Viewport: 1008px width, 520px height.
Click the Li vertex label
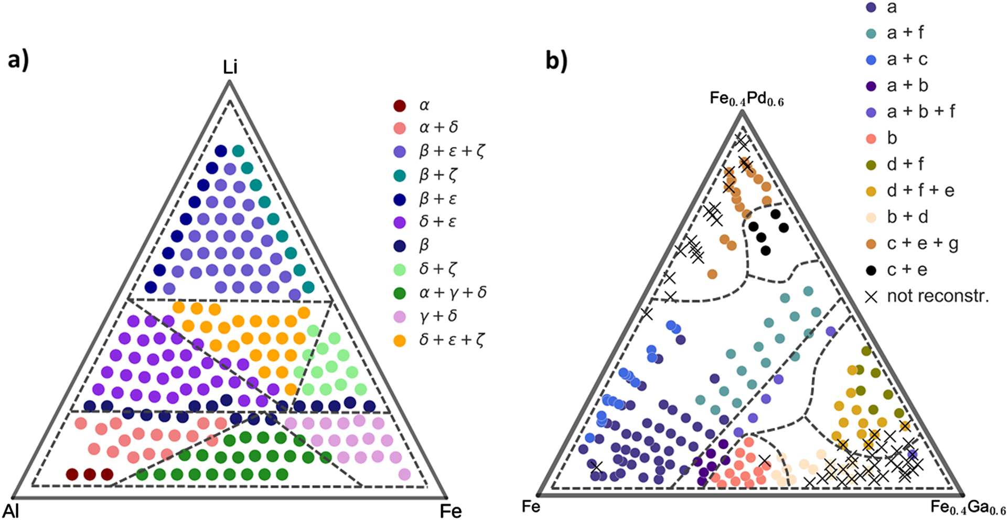tap(230, 68)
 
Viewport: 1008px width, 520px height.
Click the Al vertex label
tap(11, 510)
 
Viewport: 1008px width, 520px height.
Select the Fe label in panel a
tap(451, 511)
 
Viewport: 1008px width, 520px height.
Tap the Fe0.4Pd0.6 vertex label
tap(747, 99)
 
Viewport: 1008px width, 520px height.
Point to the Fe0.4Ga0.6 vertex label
tap(968, 507)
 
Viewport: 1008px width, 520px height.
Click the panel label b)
tap(556, 61)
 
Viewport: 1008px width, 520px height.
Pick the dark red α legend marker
tap(400, 105)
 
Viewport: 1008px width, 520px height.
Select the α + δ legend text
tap(438, 127)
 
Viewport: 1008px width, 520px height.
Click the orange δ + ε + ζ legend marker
tap(400, 340)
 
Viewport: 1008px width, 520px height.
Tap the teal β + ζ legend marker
tap(400, 175)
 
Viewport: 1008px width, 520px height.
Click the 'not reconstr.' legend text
tap(938, 296)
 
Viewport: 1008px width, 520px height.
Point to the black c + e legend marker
tap(871, 270)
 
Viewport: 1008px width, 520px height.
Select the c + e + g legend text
tap(923, 244)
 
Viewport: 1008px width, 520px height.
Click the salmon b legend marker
tap(871, 138)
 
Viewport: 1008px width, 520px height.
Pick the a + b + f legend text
tap(921, 112)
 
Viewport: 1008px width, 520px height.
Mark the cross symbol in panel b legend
tap(871, 297)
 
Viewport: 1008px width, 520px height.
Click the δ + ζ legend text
tap(437, 269)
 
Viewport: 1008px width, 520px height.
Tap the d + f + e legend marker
tap(871, 191)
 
